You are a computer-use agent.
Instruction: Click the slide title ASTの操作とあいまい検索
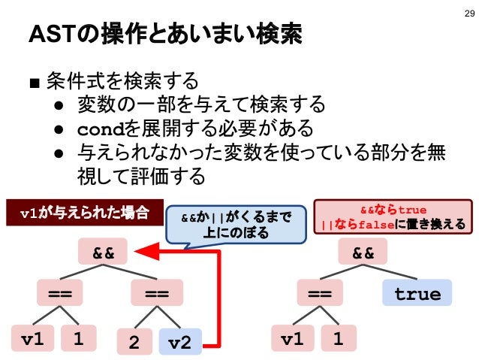pyautogui.click(x=164, y=35)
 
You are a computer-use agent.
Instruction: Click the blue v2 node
pyautogui.click(x=179, y=341)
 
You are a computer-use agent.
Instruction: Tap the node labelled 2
pyautogui.click(x=134, y=341)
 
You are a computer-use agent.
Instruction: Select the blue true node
pyautogui.click(x=417, y=294)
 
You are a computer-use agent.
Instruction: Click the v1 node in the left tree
pyautogui.click(x=32, y=340)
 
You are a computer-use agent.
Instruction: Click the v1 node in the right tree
pyautogui.click(x=293, y=340)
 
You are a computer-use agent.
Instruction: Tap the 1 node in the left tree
pyautogui.click(x=78, y=340)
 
